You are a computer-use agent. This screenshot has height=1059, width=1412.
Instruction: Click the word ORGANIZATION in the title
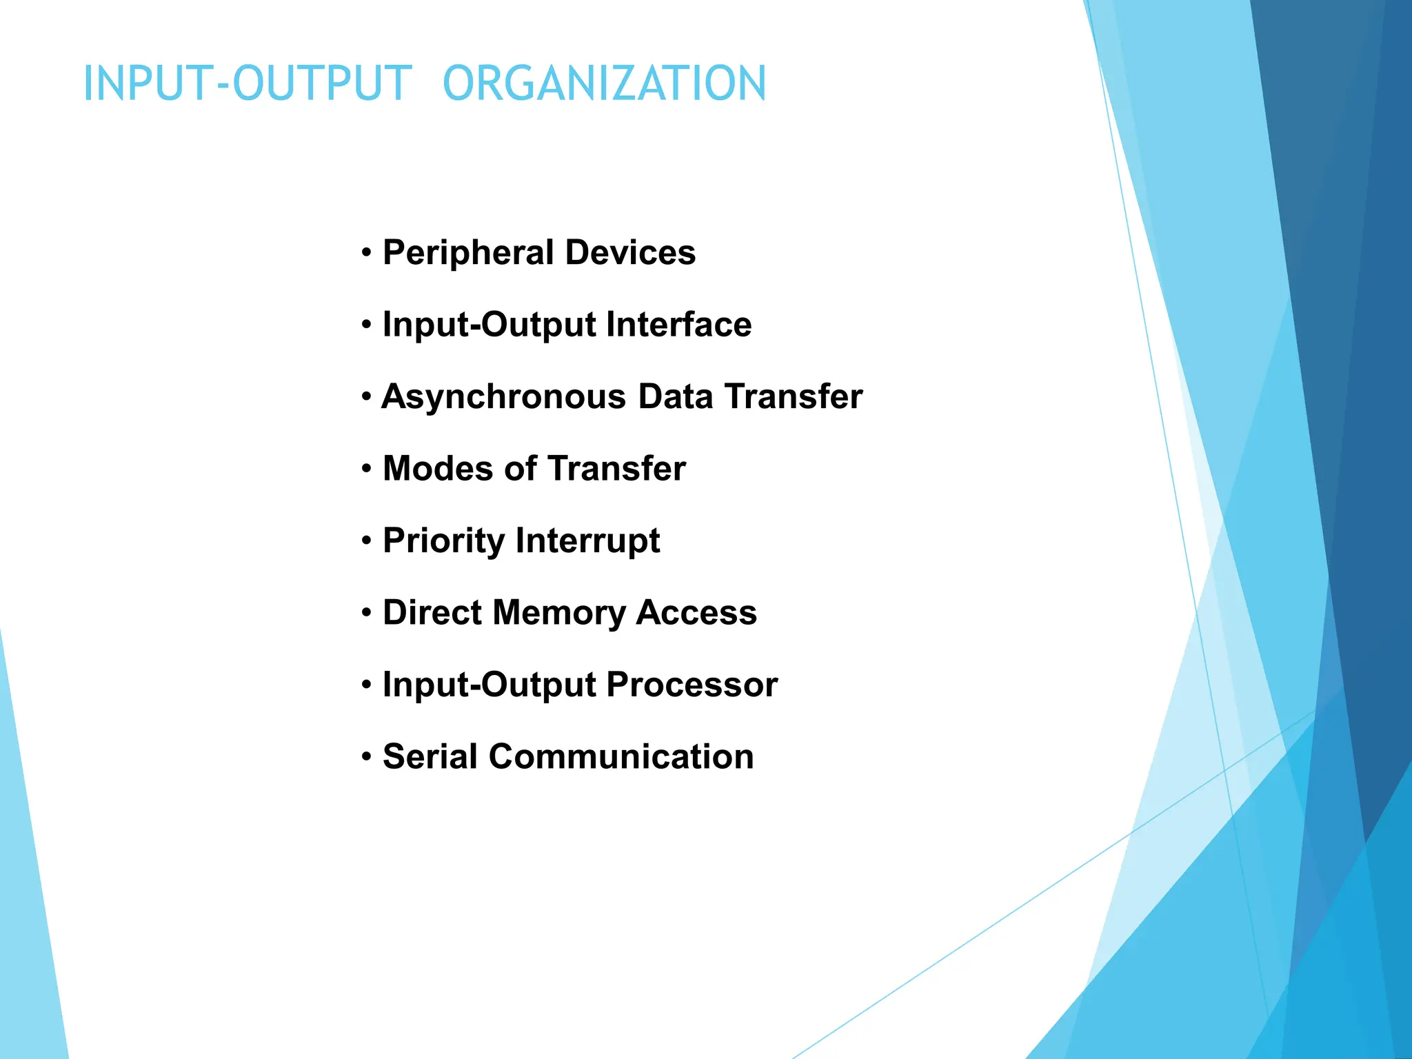click(x=604, y=83)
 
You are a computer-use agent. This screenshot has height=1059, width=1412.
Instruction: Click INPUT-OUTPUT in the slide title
click(x=248, y=83)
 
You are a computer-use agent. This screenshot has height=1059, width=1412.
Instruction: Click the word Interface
click(x=678, y=325)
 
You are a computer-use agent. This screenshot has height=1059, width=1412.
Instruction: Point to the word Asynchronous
click(x=504, y=397)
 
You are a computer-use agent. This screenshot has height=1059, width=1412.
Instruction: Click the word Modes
click(x=438, y=469)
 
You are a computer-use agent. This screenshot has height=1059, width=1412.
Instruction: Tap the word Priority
click(x=443, y=541)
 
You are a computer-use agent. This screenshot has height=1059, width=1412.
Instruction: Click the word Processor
click(x=692, y=685)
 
